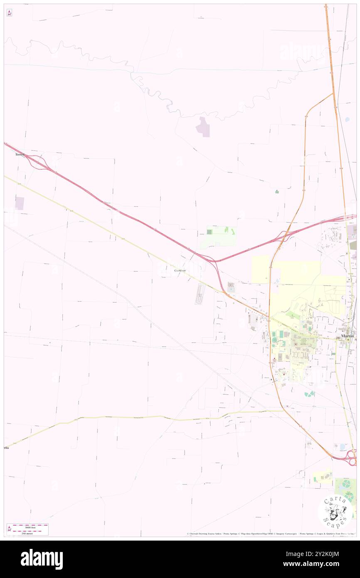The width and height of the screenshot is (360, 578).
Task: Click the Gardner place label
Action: tap(178, 270)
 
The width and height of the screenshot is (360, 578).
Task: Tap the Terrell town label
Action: tap(20, 154)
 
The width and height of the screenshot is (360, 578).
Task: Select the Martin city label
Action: tap(347, 336)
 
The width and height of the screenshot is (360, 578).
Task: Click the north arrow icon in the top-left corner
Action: tap(9, 13)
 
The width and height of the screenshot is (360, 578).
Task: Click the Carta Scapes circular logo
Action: tap(335, 512)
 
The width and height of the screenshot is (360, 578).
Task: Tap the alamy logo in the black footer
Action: tap(42, 559)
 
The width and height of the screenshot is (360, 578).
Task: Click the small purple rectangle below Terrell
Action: tap(20, 203)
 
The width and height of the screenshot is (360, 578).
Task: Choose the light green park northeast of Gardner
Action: tap(221, 236)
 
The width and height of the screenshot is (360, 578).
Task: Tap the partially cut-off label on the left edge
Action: tap(6, 448)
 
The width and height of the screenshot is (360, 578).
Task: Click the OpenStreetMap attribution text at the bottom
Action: tap(259, 534)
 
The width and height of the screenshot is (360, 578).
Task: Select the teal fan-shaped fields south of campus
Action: tap(309, 393)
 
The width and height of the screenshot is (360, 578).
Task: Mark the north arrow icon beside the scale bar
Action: tap(10, 529)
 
